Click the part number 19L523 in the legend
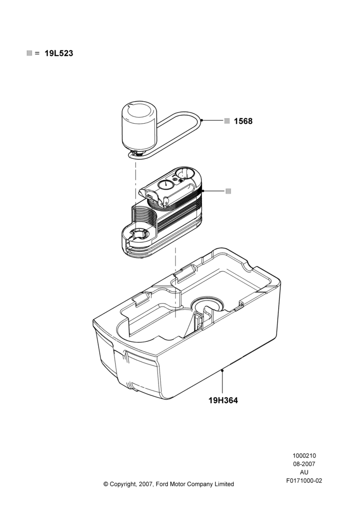[x=59, y=53]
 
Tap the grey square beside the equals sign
[x=29, y=53]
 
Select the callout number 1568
[x=243, y=121]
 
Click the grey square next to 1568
[x=227, y=121]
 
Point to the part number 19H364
[x=223, y=400]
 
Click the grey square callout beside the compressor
[x=228, y=191]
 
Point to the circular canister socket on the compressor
[x=137, y=234]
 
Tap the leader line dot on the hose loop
[x=202, y=121]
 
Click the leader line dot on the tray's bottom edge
[x=222, y=370]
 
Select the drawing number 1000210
[x=304, y=456]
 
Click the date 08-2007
[x=304, y=464]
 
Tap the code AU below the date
[x=304, y=472]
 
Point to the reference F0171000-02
[x=304, y=481]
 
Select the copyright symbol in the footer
[x=106, y=484]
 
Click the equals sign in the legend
[x=37, y=53]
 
